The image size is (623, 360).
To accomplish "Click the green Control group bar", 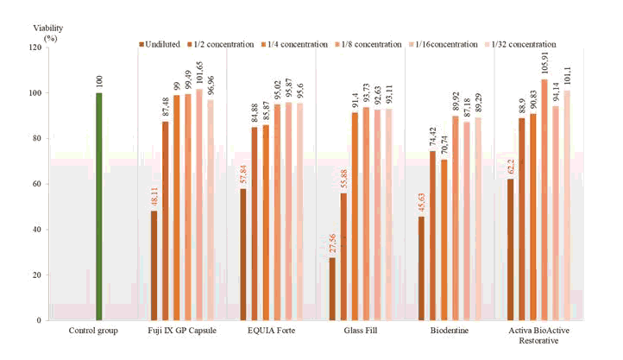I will click(x=99, y=207).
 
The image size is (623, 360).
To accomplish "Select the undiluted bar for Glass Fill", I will click(x=332, y=289).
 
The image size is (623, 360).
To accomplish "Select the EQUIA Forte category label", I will click(x=272, y=331).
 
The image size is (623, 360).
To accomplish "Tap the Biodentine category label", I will click(x=450, y=331).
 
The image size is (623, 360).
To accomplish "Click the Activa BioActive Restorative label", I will click(x=539, y=336).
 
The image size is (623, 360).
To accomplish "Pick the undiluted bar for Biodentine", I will click(x=421, y=268).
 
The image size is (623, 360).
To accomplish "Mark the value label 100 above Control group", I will click(x=99, y=82).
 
